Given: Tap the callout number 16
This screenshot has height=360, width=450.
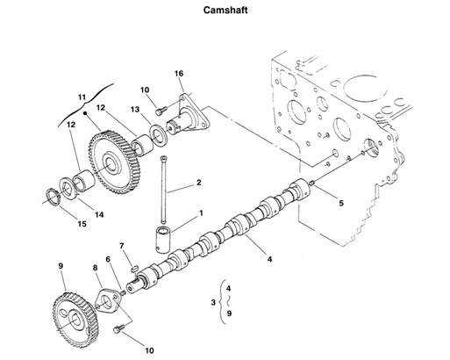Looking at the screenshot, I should (179, 73).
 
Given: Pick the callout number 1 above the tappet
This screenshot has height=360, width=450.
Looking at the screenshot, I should (200, 212).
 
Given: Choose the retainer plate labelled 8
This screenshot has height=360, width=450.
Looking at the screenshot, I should (109, 302).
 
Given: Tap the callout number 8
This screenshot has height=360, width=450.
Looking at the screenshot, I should (95, 267).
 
